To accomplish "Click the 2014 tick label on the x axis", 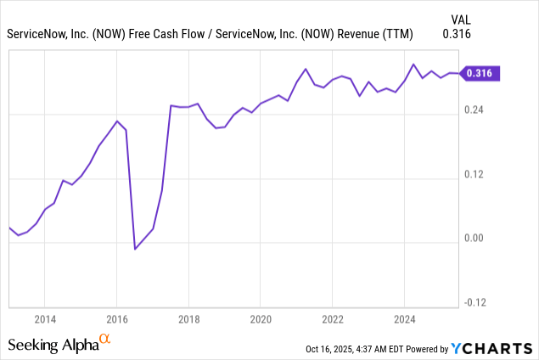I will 45,319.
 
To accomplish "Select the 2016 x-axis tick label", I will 117,319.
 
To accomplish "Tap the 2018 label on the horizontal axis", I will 189,319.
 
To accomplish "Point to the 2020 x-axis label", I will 261,319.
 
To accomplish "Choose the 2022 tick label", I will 333,319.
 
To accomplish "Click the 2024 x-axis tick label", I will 405,319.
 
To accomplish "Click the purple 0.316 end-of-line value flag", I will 481,74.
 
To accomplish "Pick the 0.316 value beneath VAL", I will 457,34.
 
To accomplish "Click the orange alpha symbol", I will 105,340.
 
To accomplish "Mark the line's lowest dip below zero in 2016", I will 135,249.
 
